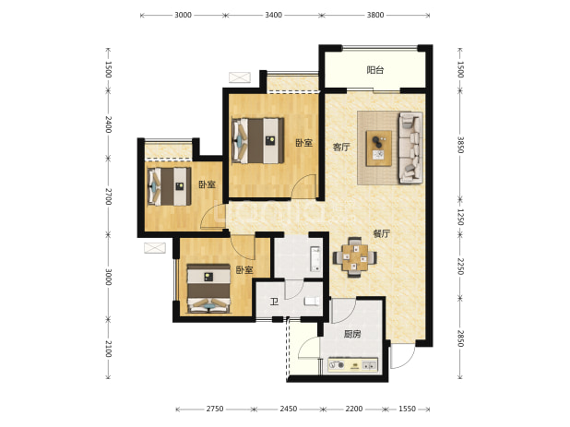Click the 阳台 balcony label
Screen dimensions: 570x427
click(x=375, y=70)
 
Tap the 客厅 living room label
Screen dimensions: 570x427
click(x=341, y=148)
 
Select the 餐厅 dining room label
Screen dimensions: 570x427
click(x=381, y=233)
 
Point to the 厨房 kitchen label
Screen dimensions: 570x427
click(x=352, y=334)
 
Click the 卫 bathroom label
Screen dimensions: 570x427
click(x=274, y=302)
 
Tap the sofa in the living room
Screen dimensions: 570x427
click(x=410, y=148)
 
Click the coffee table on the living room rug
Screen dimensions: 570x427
click(x=379, y=148)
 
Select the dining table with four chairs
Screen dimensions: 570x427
click(x=354, y=257)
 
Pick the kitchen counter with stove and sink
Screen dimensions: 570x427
click(x=352, y=365)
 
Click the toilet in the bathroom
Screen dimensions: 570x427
click(x=312, y=301)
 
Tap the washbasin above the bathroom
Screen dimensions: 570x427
click(x=315, y=259)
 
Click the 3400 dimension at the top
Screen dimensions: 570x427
click(x=273, y=15)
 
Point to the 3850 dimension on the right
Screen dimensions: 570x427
click(x=460, y=145)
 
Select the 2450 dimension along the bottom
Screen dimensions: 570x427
click(x=289, y=409)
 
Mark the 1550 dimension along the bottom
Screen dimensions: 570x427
click(x=407, y=409)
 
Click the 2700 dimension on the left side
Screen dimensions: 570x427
click(x=108, y=196)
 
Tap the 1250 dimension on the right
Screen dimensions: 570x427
click(x=460, y=217)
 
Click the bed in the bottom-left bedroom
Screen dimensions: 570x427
click(x=208, y=288)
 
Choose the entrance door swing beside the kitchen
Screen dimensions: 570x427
click(x=402, y=356)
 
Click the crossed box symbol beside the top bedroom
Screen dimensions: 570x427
click(x=240, y=77)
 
